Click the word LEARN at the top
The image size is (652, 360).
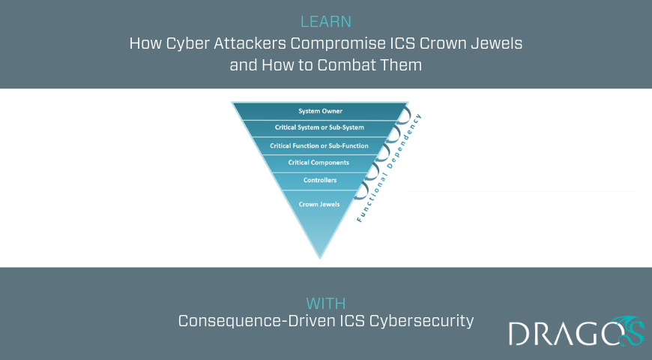(x=325, y=22)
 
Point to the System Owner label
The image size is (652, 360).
(x=320, y=111)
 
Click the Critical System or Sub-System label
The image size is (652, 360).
(x=319, y=127)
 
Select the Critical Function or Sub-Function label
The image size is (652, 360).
(x=319, y=145)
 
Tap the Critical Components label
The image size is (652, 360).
(x=319, y=163)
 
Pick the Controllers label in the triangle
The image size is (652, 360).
(x=320, y=180)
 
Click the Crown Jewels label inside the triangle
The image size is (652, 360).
(x=319, y=204)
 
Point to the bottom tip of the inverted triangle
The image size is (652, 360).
(x=320, y=259)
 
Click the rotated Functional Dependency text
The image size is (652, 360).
(x=389, y=168)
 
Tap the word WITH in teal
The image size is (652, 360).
(x=325, y=304)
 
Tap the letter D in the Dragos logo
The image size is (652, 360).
(x=519, y=333)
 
